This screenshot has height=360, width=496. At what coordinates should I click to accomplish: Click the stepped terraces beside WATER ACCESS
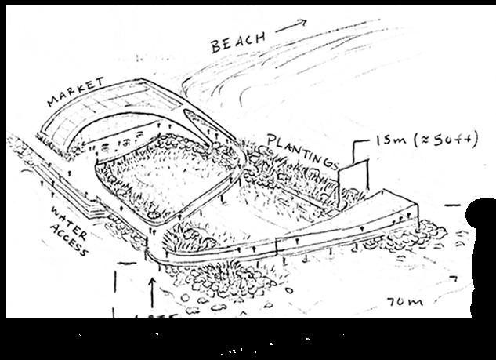pyautogui.click(x=98, y=209)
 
